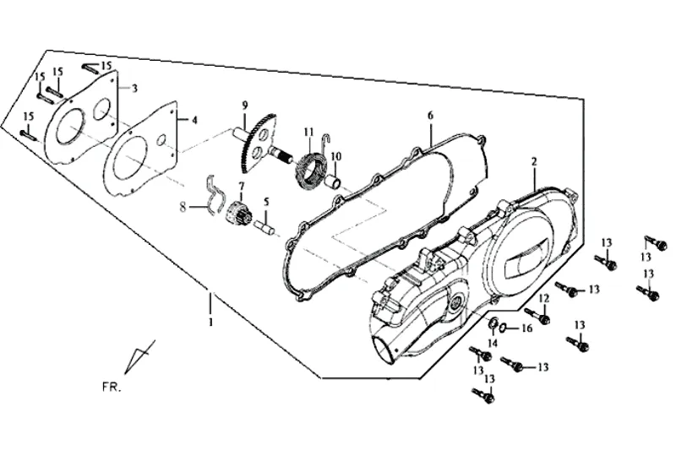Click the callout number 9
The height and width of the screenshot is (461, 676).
pos(245,106)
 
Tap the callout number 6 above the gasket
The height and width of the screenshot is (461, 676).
pos(430,116)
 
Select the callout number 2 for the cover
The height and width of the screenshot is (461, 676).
pos(534,161)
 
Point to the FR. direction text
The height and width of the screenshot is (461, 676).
pos(112,387)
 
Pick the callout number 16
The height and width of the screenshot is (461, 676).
pos(526,328)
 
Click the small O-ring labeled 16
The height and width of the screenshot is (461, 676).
pos(503,328)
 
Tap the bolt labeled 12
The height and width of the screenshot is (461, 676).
pos(537,316)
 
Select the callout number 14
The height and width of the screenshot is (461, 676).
pos(493,343)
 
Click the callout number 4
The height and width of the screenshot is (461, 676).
pos(194,120)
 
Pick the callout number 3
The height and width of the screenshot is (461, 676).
pos(134,89)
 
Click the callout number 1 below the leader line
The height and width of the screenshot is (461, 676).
pos(210,322)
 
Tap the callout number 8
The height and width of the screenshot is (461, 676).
pos(183,207)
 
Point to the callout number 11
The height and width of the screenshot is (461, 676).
pos(308,132)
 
